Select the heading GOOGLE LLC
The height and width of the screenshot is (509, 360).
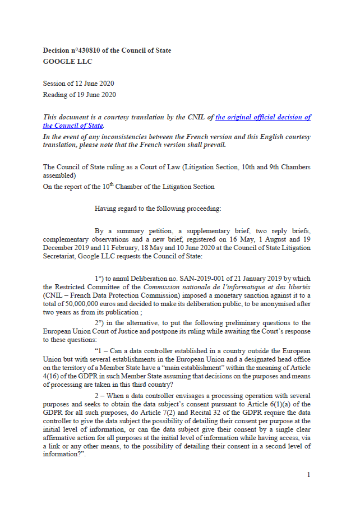[x=67, y=62]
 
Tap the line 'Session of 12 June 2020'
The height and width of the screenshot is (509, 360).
[x=79, y=84]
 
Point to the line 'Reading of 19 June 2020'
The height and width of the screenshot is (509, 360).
[x=79, y=95]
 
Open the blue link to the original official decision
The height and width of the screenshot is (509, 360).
[x=262, y=117]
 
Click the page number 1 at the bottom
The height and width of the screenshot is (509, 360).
[x=308, y=475]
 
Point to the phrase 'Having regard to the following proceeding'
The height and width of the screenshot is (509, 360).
[x=158, y=209]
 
